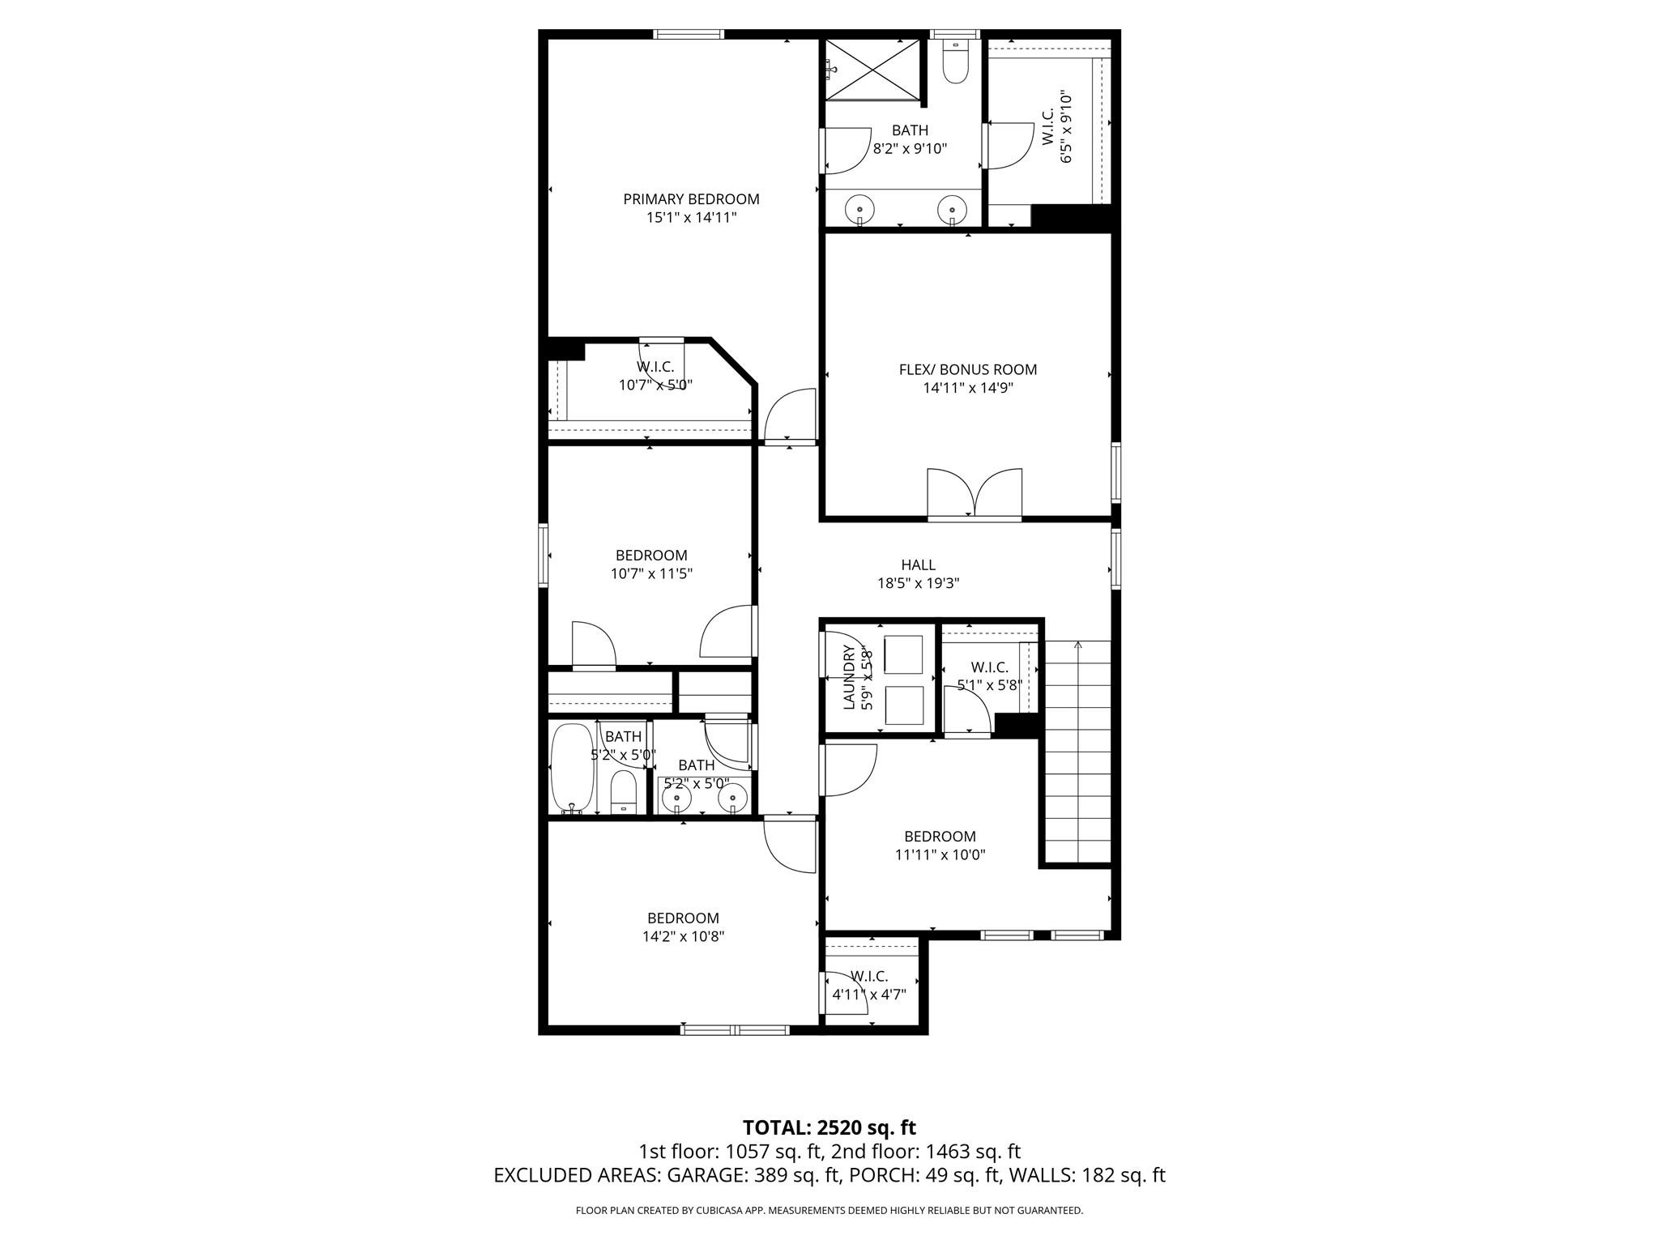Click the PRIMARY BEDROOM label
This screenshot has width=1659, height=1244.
(x=691, y=199)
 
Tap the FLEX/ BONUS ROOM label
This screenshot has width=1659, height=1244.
(x=967, y=369)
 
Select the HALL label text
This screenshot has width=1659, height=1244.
(x=918, y=564)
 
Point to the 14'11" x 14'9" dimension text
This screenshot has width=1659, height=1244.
(x=967, y=388)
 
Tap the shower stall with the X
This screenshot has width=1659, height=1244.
(x=872, y=70)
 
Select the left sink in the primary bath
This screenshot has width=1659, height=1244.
(x=859, y=211)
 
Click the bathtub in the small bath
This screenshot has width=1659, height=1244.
(x=573, y=768)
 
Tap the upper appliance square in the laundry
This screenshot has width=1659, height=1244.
(x=903, y=655)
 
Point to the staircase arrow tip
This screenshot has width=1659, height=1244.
(x=1077, y=644)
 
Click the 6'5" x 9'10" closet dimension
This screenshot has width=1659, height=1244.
(x=1066, y=128)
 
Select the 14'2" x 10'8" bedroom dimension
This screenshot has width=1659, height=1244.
(x=683, y=936)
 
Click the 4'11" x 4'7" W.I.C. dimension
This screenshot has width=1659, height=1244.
(x=869, y=995)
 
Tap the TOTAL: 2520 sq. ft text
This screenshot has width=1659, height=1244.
(x=829, y=1127)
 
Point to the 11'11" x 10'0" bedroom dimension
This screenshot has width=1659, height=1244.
(x=940, y=854)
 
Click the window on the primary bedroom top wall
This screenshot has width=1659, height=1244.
(x=689, y=34)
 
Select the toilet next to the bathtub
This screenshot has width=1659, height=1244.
(x=623, y=791)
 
